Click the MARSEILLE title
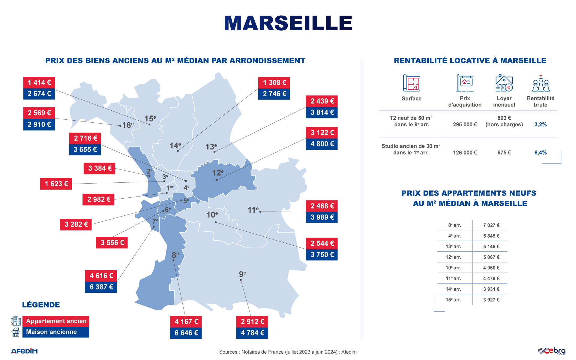tap(288, 23)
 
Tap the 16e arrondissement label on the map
tap(128, 125)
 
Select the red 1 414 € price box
tap(39, 82)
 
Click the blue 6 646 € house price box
tap(186, 333)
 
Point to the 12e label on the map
tap(218, 173)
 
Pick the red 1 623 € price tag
tap(56, 184)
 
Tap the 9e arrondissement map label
tap(242, 274)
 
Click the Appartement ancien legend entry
tap(56, 321)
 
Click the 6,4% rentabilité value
tap(540, 152)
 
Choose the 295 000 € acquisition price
tap(465, 124)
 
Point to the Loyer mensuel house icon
tap(504, 83)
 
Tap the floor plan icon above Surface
tap(412, 83)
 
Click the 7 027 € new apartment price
tap(491, 225)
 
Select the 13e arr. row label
tap(453, 246)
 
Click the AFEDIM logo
tap(25, 351)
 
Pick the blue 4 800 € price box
tap(322, 144)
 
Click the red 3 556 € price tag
tap(112, 242)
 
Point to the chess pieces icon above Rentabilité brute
tap(541, 83)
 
